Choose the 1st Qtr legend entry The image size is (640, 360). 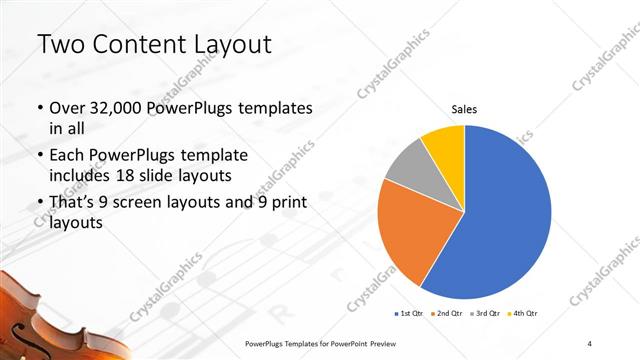point(410,313)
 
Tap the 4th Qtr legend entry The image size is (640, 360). point(523,313)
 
